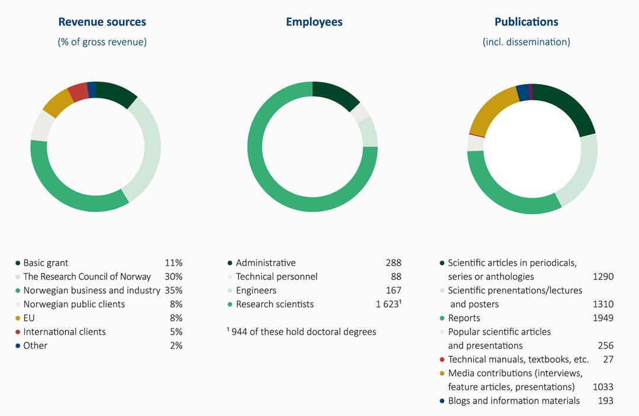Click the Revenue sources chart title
click(x=102, y=22)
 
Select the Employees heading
click(x=314, y=22)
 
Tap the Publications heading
click(x=526, y=22)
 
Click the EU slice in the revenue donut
click(x=57, y=103)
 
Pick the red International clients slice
click(x=78, y=92)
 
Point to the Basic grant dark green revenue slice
click(x=115, y=93)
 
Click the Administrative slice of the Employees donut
click(x=336, y=95)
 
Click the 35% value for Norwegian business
click(x=173, y=291)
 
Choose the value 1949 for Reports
click(x=603, y=318)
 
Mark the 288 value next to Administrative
click(x=392, y=263)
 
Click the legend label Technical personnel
click(x=276, y=277)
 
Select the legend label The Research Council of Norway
click(x=87, y=277)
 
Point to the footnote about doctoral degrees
click(x=301, y=332)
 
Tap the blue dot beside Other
click(x=18, y=346)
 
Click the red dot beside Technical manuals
click(x=442, y=360)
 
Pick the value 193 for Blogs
click(x=605, y=401)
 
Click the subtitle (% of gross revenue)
click(x=102, y=42)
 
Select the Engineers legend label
click(x=256, y=291)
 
